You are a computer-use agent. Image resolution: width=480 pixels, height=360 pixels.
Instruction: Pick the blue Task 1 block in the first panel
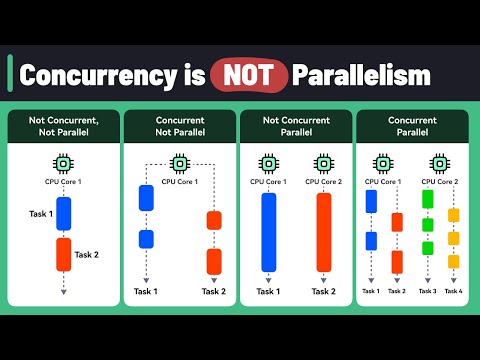pyautogui.click(x=63, y=214)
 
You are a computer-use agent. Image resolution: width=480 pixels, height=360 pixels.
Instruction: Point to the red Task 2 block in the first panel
pyautogui.click(x=63, y=256)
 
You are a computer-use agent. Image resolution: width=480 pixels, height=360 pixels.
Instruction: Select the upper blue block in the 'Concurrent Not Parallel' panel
pyautogui.click(x=146, y=198)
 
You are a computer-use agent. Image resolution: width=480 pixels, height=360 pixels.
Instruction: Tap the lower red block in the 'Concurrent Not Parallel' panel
pyautogui.click(x=214, y=261)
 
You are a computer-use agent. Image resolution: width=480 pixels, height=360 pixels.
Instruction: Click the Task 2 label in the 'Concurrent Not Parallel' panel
pyautogui.click(x=214, y=291)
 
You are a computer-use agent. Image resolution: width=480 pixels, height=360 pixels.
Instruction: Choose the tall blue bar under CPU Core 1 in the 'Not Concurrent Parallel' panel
pyautogui.click(x=268, y=232)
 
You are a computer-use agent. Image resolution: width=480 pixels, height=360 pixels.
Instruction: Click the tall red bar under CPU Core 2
pyautogui.click(x=324, y=232)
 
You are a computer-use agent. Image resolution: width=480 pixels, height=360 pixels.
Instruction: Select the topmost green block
pyautogui.click(x=427, y=197)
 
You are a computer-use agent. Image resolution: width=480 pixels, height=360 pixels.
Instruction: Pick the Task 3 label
pyautogui.click(x=427, y=291)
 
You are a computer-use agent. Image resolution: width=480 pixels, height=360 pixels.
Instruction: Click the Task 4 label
pyautogui.click(x=453, y=291)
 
